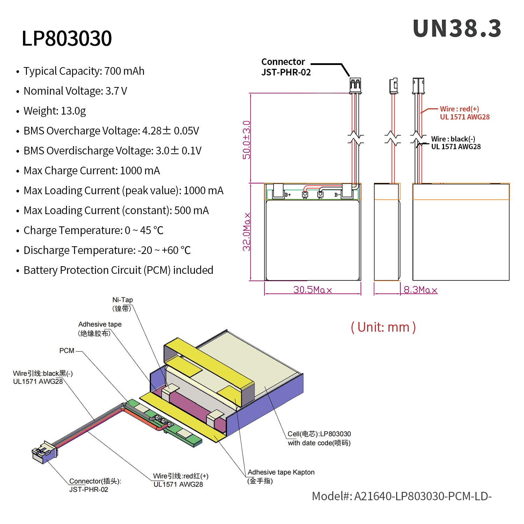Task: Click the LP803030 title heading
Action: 67,38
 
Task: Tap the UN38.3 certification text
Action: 457,29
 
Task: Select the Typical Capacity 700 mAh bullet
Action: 84,71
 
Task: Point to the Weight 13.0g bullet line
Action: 54,111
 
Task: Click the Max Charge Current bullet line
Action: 92,171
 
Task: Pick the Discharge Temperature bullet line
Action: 107,250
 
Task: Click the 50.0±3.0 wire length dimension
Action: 247,140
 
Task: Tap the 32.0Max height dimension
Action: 247,232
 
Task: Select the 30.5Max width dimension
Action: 312,290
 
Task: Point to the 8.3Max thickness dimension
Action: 420,290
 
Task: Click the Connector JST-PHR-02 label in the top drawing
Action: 286,67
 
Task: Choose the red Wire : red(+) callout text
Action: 464,113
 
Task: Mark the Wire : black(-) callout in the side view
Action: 456,143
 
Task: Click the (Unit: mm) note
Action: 383,327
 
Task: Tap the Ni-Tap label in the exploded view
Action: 122,304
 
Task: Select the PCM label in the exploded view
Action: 67,351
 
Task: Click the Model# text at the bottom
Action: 402,496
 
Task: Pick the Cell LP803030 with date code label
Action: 319,438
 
